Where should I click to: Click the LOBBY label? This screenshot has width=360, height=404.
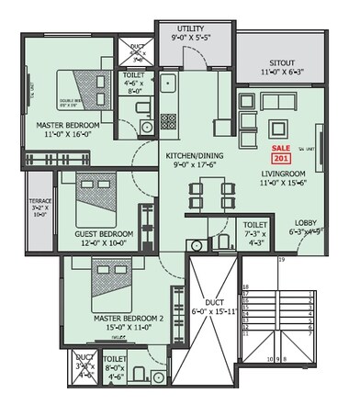[x=306, y=222]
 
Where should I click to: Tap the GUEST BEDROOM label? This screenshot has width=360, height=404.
[x=105, y=234]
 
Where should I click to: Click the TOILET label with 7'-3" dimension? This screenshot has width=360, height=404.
[x=254, y=224]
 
